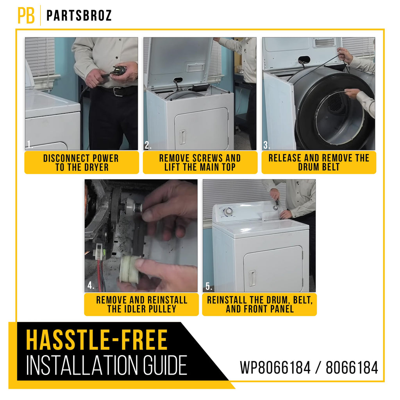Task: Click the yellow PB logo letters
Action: [x=26, y=15]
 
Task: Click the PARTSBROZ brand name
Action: [x=79, y=16]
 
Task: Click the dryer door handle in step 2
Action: [x=182, y=137]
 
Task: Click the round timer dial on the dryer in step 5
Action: [x=228, y=211]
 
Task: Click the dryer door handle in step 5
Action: [x=252, y=278]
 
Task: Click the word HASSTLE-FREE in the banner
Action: [x=97, y=340]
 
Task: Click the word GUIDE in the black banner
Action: [x=165, y=366]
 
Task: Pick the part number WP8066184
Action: [x=275, y=368]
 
